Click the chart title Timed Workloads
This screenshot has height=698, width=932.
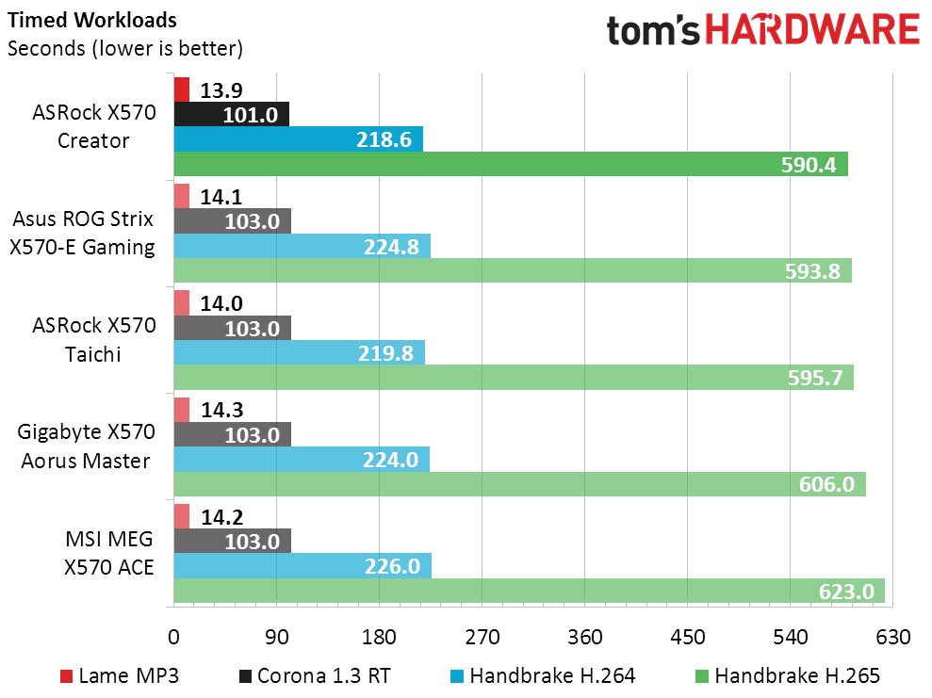tap(91, 21)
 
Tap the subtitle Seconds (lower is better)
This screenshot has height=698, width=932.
tap(125, 48)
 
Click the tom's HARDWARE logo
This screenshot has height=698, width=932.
tap(762, 30)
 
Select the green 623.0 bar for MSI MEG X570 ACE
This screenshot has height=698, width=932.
tap(528, 592)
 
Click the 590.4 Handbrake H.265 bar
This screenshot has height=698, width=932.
tap(510, 164)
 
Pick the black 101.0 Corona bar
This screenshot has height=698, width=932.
tap(231, 114)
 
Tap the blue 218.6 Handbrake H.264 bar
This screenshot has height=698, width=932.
tap(298, 139)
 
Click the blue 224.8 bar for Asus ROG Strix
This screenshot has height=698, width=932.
tap(302, 246)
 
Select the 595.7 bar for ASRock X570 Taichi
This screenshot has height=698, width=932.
tap(513, 378)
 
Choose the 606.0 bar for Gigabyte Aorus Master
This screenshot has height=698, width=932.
tap(518, 484)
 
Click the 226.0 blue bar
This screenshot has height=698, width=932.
tap(302, 566)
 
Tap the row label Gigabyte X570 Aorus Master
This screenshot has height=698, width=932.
tap(85, 446)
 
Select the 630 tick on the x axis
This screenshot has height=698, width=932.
tap(893, 637)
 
